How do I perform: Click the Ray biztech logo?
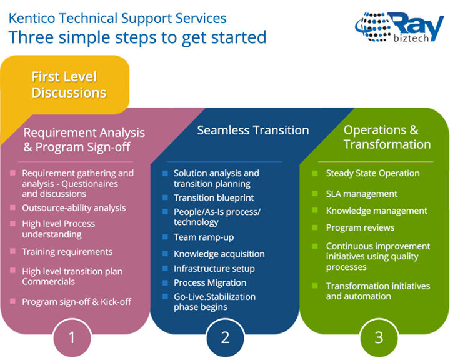pyautogui.click(x=399, y=27)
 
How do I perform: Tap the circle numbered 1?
pyautogui.click(x=72, y=338)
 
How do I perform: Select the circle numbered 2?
pyautogui.click(x=225, y=338)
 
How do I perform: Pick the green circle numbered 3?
pyautogui.click(x=379, y=338)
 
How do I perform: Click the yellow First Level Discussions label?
pyautogui.click(x=69, y=85)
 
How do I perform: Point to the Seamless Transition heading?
pyautogui.click(x=253, y=130)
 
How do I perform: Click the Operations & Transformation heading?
pyautogui.click(x=387, y=137)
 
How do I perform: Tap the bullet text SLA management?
pyautogui.click(x=362, y=194)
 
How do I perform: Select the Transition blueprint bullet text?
pyautogui.click(x=214, y=197)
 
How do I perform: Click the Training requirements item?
pyautogui.click(x=67, y=252)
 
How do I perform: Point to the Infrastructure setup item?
pyautogui.click(x=214, y=269)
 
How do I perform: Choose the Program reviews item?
pyautogui.click(x=360, y=227)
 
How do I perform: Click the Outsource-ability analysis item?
pyautogui.click(x=74, y=208)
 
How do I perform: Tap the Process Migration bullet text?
pyautogui.click(x=210, y=282)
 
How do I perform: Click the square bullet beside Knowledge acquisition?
pyautogui.click(x=165, y=254)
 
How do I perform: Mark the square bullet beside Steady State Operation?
pyautogui.click(x=315, y=173)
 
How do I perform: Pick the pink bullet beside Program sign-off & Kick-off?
pyautogui.click(x=12, y=301)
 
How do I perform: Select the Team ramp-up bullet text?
pyautogui.click(x=204, y=237)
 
